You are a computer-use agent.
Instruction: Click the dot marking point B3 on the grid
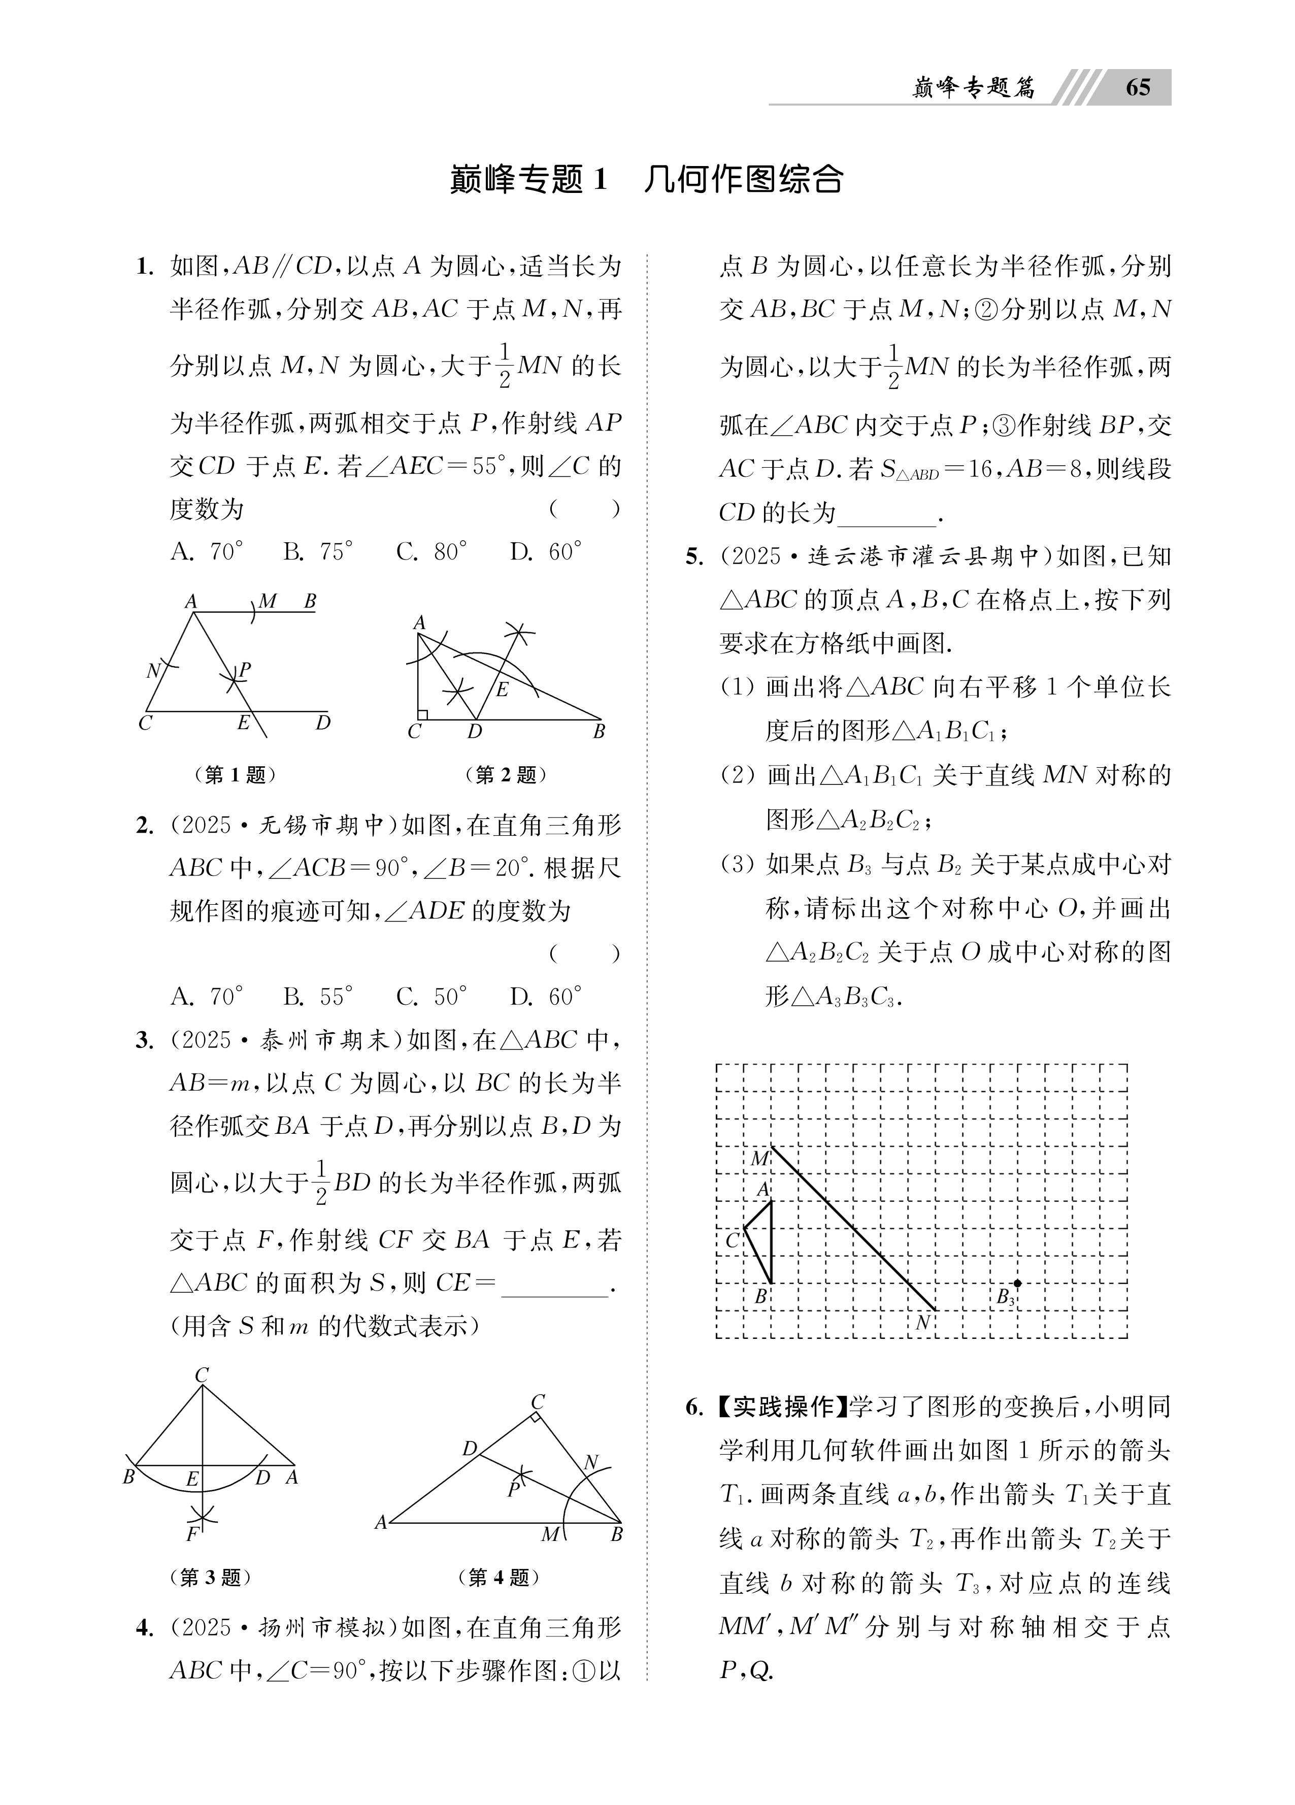click(1017, 1283)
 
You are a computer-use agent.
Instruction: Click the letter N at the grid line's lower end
click(922, 1322)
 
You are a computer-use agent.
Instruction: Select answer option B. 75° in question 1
click(318, 551)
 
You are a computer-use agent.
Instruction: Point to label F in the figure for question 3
click(192, 1533)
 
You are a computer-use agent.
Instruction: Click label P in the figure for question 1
click(244, 670)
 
